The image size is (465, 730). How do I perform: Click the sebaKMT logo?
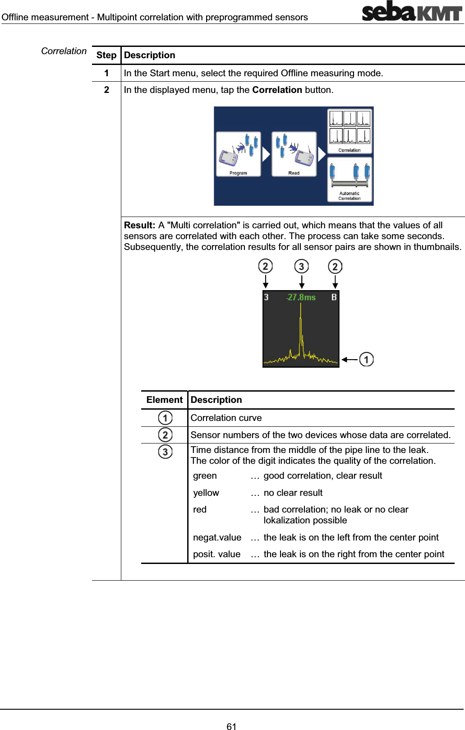(412, 12)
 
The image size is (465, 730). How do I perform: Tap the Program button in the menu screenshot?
(238, 154)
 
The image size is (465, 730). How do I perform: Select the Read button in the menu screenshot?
(294, 154)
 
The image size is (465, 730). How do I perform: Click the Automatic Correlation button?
(350, 180)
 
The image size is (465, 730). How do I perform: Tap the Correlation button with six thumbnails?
(350, 131)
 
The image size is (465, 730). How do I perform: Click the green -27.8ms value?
(301, 297)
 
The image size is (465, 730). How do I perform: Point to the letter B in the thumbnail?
(334, 297)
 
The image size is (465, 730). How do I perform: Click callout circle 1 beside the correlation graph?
(366, 360)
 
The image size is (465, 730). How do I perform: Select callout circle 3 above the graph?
(301, 267)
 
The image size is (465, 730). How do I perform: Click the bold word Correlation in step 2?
(277, 90)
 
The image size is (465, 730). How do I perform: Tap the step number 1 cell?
(106, 73)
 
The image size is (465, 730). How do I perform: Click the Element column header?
(164, 400)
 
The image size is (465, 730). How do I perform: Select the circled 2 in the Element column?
(165, 435)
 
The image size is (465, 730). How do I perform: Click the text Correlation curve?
(226, 418)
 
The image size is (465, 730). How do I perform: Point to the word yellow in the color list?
(206, 493)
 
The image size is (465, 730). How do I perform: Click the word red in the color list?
(200, 509)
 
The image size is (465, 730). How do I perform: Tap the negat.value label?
(217, 537)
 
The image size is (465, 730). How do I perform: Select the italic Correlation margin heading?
(64, 51)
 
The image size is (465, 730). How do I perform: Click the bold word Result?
(139, 225)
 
